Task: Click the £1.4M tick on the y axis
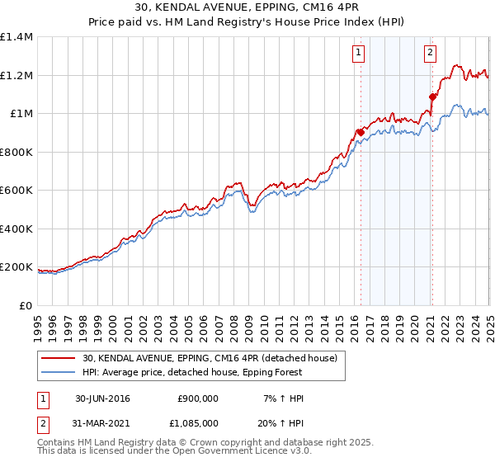(x=16, y=37)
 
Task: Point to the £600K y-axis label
(x=16, y=191)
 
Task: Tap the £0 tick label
(x=26, y=306)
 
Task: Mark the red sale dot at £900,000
(x=361, y=132)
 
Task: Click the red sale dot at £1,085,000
(x=432, y=97)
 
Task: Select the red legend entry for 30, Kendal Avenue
(x=210, y=359)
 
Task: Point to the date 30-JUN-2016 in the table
(x=102, y=398)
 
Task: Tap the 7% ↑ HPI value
(x=282, y=398)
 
